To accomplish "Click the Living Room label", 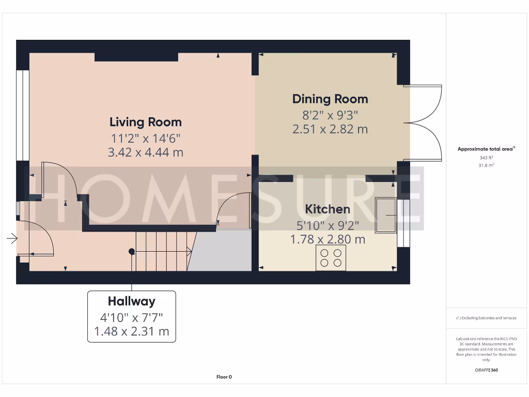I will [x=146, y=122].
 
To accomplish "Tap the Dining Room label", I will [x=330, y=99].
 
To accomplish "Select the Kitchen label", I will [x=328, y=209].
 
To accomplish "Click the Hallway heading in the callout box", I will [x=131, y=301].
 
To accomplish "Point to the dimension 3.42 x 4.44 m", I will [x=146, y=153].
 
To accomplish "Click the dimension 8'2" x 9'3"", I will [x=330, y=114].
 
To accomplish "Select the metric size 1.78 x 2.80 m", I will [x=328, y=239].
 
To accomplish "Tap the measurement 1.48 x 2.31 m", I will [x=131, y=331].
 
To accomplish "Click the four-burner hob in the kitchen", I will [x=331, y=257].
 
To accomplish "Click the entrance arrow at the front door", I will [x=11, y=238].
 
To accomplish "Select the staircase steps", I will [x=161, y=251].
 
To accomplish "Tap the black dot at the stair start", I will [x=132, y=251].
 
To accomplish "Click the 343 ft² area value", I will [x=486, y=158].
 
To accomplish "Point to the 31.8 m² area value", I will [x=486, y=165].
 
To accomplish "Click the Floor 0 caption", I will [x=224, y=377].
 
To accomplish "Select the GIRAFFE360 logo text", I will [x=486, y=370].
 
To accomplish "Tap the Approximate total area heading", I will [x=486, y=149].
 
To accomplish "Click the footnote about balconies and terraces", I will [x=486, y=318].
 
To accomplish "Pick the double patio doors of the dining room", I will [x=424, y=123].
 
